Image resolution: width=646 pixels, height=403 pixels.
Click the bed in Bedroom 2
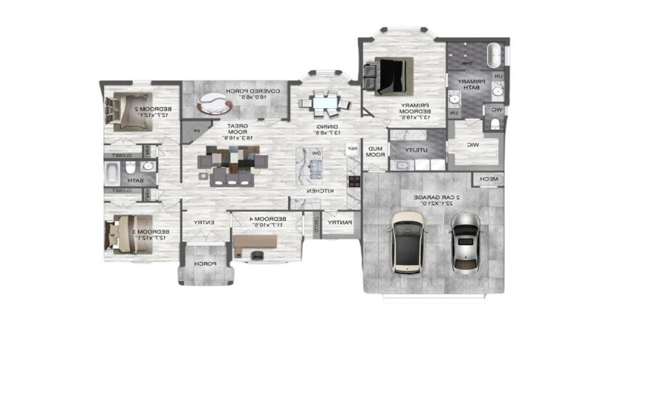126,111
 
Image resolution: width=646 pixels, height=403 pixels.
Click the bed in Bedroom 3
125,235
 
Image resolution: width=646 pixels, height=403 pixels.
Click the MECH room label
488,178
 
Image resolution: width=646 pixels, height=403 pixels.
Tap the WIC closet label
472,145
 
